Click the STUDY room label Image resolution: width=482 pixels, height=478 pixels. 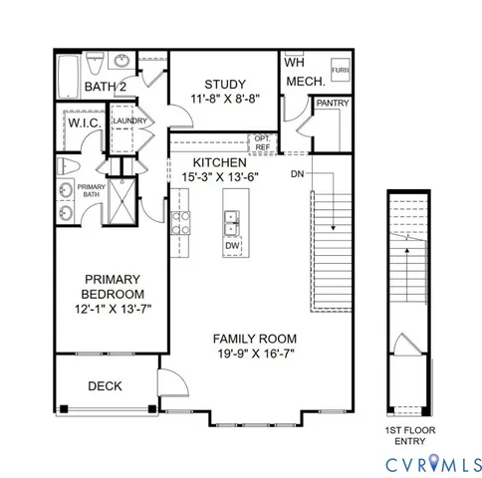pos(225,84)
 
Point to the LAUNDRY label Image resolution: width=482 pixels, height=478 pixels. pos(129,121)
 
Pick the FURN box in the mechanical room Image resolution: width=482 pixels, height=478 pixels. pos(340,71)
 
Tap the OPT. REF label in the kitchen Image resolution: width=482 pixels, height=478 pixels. pos(261,142)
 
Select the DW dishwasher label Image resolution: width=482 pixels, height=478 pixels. pos(232,245)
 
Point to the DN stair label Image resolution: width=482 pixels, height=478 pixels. pos(297,174)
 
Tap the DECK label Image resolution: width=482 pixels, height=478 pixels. pos(105,385)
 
